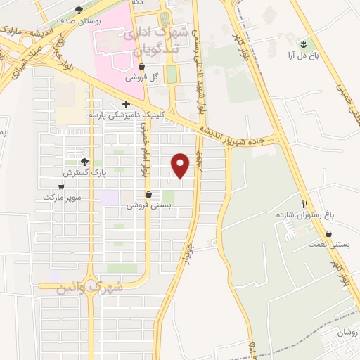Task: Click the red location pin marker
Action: [181, 165]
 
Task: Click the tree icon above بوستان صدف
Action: [77, 10]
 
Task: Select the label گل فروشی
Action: [140, 78]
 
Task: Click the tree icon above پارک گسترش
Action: [85, 161]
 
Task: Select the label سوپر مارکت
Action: [63, 197]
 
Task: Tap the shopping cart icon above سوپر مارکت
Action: [62, 186]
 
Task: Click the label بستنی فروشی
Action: [148, 205]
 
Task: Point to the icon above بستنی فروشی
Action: [148, 195]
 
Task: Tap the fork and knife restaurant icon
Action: [305, 202]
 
